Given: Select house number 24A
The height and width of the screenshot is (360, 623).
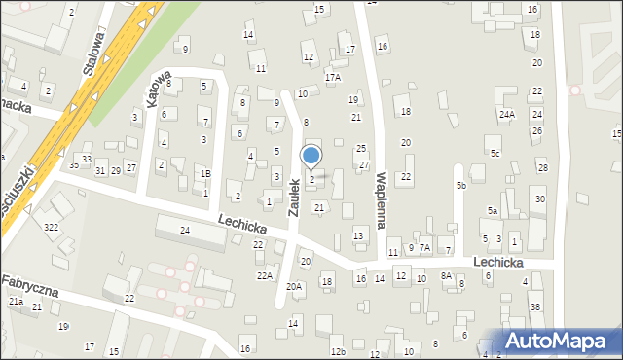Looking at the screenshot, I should pyautogui.click(x=507, y=115).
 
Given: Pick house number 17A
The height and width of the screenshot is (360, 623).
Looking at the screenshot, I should pyautogui.click(x=333, y=77).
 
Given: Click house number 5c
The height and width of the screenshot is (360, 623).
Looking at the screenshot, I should pyautogui.click(x=495, y=154).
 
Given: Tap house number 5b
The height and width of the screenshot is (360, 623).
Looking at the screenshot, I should pyautogui.click(x=461, y=185).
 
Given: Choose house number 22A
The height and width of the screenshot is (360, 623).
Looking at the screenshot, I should pyautogui.click(x=264, y=276).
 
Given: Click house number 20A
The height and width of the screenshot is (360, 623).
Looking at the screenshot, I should pyautogui.click(x=294, y=287).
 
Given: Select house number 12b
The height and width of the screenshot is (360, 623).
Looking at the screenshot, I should pyautogui.click(x=337, y=352).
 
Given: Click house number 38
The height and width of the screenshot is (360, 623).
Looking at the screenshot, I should pyautogui.click(x=534, y=307).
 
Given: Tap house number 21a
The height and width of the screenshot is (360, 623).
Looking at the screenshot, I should pyautogui.click(x=16, y=303).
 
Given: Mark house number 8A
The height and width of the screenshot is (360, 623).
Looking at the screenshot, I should pyautogui.click(x=446, y=276).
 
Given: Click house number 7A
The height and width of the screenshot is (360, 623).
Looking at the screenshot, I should pyautogui.click(x=424, y=248).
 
